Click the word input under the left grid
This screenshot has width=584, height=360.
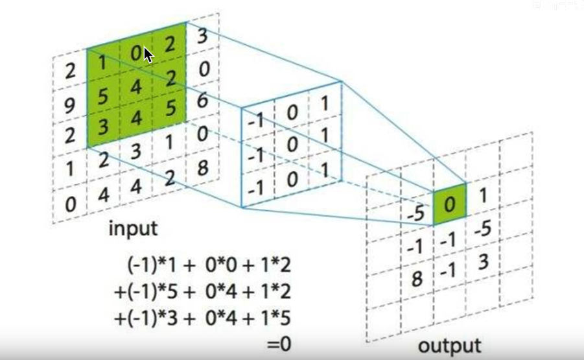(133, 228)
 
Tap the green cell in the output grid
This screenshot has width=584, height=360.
(449, 204)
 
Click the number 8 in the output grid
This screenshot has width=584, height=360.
(417, 279)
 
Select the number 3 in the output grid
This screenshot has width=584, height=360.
(484, 263)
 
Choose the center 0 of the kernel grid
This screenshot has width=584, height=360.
(292, 145)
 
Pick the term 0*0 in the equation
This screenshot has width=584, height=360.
(216, 266)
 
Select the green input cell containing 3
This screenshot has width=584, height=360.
(101, 123)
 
